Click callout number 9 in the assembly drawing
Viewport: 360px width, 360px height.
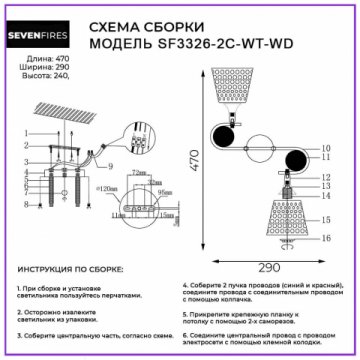click(110, 165)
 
